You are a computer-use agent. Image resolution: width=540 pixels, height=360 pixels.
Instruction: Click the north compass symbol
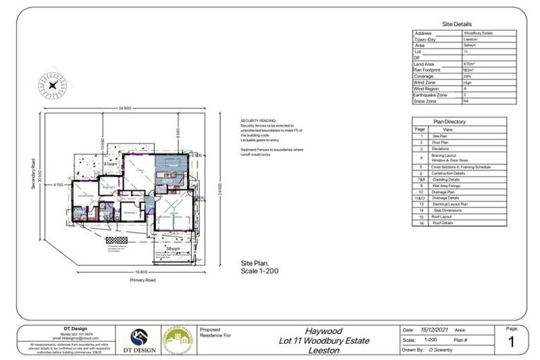pyautogui.click(x=52, y=84)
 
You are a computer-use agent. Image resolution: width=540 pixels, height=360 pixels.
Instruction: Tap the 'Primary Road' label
pyautogui.click(x=143, y=279)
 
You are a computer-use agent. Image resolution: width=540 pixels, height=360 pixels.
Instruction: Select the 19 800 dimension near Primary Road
pyautogui.click(x=142, y=271)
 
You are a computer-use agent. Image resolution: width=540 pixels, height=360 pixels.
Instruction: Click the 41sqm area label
pyautogui.click(x=110, y=163)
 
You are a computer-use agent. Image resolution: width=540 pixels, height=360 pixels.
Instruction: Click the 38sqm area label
pyautogui.click(x=171, y=249)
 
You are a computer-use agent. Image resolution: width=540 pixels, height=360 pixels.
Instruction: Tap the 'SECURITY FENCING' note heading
pyautogui.click(x=254, y=121)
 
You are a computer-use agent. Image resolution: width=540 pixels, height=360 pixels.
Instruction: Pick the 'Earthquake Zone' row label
pyautogui.click(x=430, y=94)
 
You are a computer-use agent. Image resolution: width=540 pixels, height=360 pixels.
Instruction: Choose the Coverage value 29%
pyautogui.click(x=468, y=76)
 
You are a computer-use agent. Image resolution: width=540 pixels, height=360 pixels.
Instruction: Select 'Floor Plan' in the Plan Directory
pyautogui.click(x=451, y=143)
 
